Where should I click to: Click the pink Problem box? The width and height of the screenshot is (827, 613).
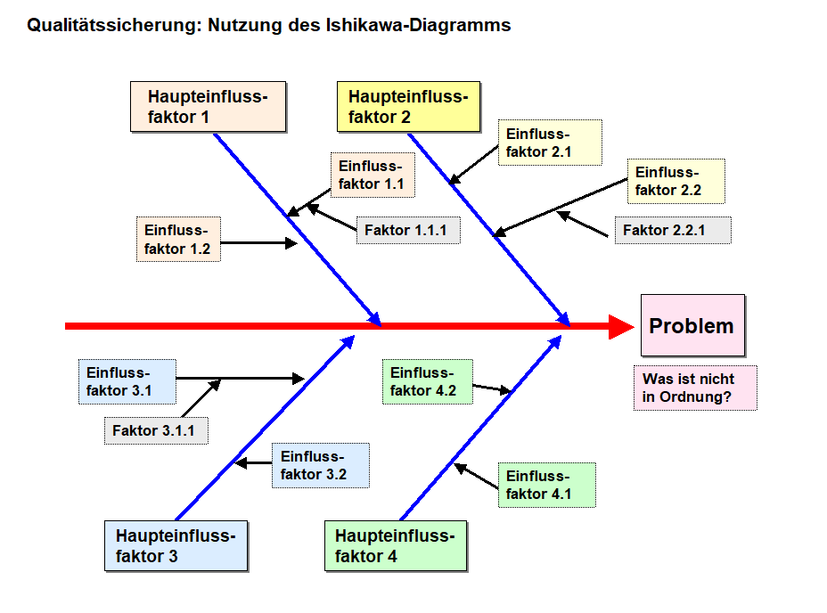692,326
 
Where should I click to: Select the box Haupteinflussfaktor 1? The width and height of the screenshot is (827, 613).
208,107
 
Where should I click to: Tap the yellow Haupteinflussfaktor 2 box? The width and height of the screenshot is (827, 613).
408,107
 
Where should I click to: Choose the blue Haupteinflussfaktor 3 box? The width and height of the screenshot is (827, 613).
176,546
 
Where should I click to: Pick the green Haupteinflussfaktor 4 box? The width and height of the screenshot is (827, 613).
395,546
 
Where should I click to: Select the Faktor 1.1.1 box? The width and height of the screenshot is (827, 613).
408,231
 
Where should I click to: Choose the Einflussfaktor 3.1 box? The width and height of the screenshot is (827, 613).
128,381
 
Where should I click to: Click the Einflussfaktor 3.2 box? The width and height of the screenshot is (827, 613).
320,465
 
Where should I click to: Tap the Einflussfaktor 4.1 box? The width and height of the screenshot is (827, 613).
545,485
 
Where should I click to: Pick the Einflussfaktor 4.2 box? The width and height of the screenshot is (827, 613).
427,381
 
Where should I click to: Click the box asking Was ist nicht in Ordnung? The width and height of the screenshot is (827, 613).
694,388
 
